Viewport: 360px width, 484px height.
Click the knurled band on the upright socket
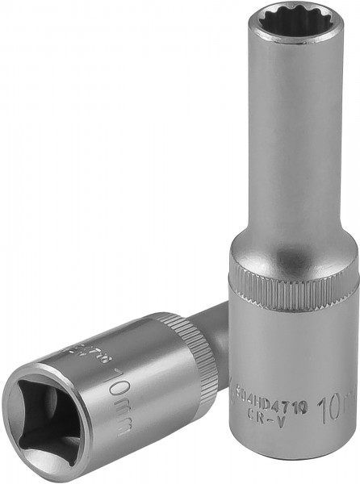(294, 278)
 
